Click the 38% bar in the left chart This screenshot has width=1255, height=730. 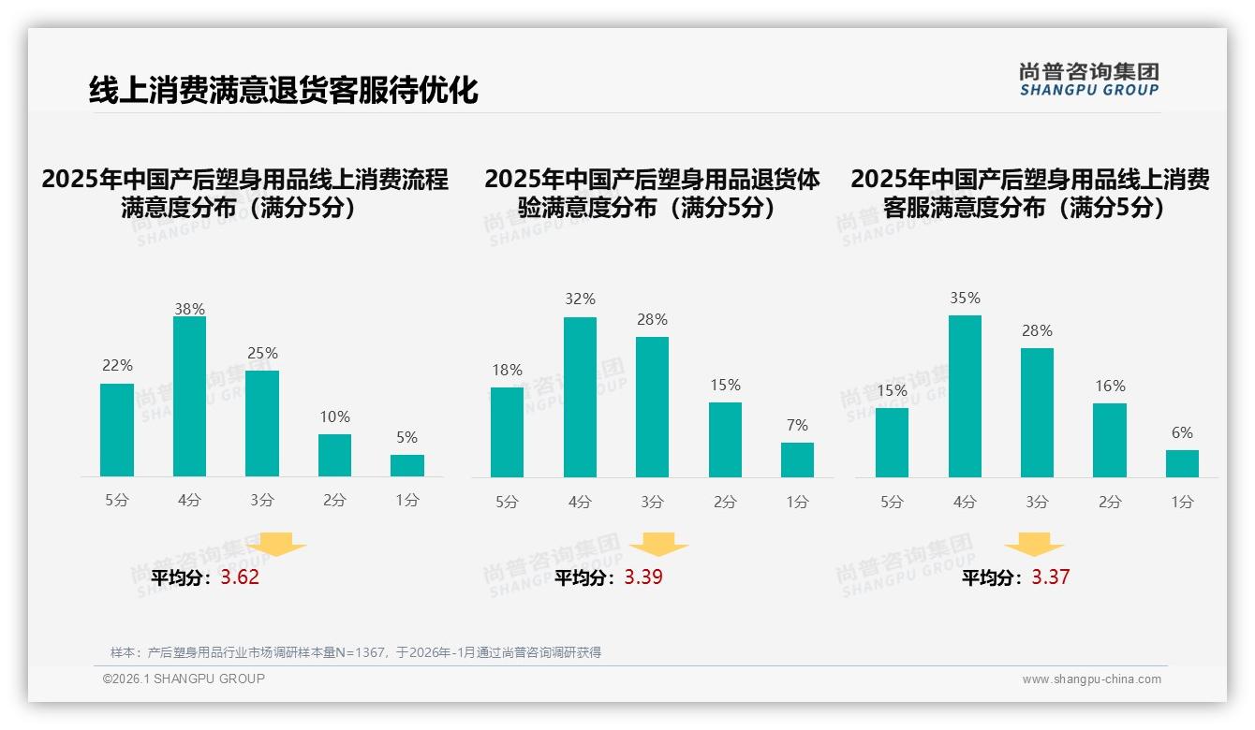189,397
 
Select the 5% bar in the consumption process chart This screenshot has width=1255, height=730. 407,465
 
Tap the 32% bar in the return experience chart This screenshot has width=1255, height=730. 580,398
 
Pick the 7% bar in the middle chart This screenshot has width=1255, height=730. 797,460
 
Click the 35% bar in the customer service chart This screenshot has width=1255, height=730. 965,397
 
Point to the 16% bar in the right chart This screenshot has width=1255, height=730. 1110,440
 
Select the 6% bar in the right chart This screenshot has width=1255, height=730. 1182,463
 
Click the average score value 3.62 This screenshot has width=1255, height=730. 240,577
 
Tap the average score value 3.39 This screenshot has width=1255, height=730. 643,577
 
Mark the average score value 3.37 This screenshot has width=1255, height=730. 1050,577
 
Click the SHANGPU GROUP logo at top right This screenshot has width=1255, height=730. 1088,80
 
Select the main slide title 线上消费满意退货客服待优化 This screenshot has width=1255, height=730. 283,90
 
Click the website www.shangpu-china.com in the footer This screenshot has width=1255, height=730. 1091,679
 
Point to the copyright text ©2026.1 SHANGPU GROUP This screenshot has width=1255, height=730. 184,679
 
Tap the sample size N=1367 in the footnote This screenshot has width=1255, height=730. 360,652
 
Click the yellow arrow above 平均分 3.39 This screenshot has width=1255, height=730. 658,545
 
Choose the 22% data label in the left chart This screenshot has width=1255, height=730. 117,365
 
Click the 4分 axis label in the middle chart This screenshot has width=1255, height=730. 580,503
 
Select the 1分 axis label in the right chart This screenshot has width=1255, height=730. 1182,503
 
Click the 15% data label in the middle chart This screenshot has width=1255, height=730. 725,385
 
